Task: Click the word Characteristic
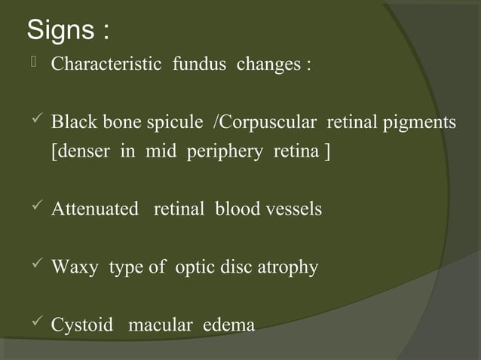pos(106,64)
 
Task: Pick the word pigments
pos(419,122)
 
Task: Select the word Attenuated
pos(95,209)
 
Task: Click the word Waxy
pos(74,267)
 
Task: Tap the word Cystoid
pos(81,325)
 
